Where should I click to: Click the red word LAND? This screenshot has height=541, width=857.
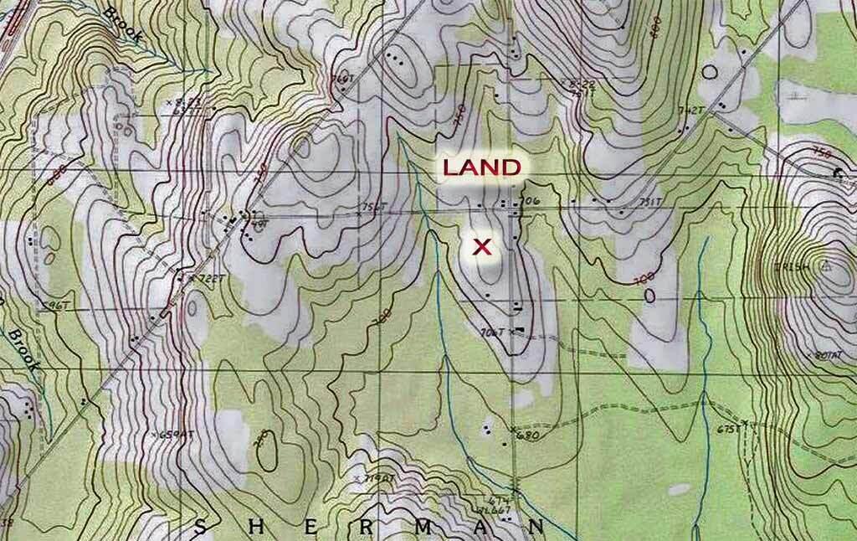[x=481, y=167]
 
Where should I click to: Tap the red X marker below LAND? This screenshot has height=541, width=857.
[x=481, y=246]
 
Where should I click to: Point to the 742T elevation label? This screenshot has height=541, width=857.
[x=688, y=111]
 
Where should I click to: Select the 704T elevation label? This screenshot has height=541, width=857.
[x=495, y=332]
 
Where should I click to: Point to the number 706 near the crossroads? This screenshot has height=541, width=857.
[x=526, y=202]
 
